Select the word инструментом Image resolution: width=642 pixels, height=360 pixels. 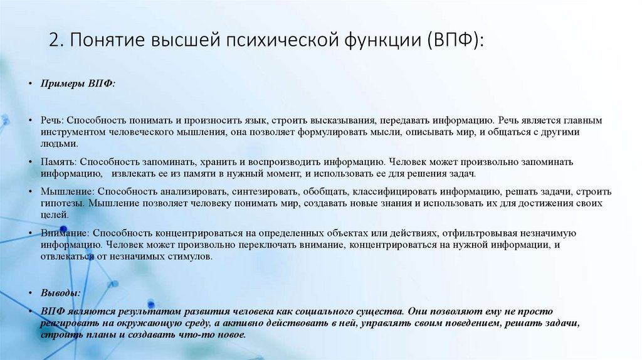click(72, 132)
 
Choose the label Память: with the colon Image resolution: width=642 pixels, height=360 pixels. click(60, 162)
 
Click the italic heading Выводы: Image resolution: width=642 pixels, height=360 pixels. click(60, 293)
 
